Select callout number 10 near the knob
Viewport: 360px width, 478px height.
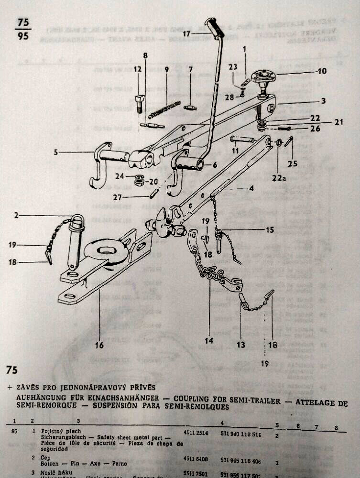(x=322, y=71)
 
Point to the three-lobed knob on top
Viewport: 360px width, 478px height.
(x=262, y=76)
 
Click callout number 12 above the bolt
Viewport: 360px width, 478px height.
(x=138, y=70)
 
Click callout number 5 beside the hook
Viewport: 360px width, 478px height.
(x=55, y=153)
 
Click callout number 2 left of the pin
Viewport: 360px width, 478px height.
(x=16, y=216)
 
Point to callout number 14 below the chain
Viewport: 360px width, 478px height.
(x=209, y=341)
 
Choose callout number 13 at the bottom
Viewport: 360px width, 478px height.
(x=240, y=345)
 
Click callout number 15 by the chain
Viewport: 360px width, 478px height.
(x=270, y=230)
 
